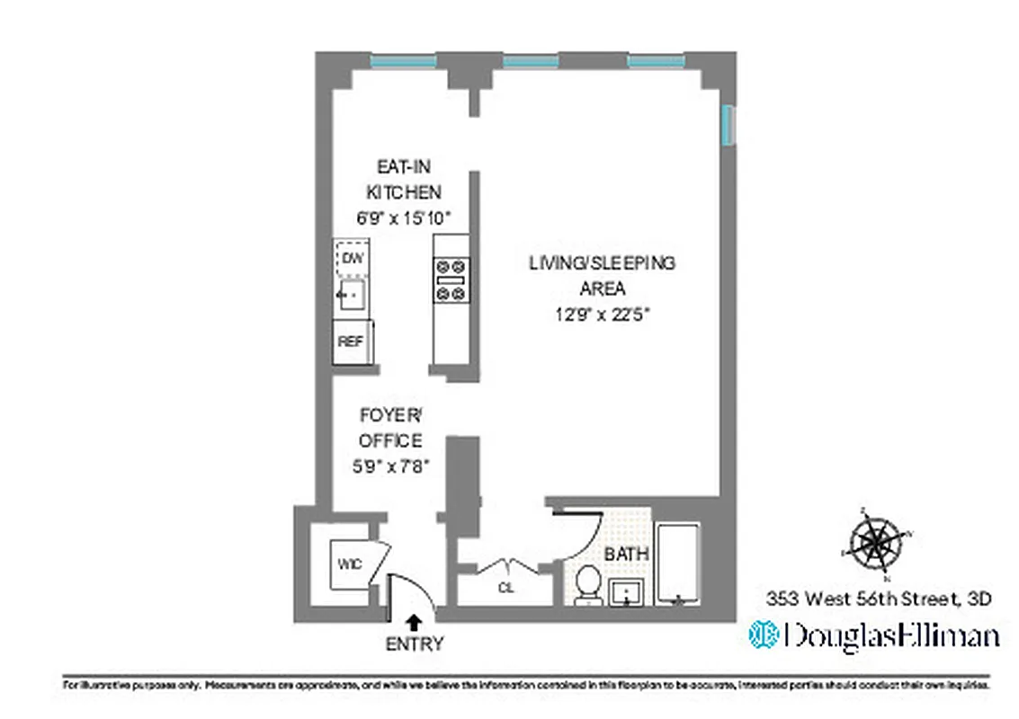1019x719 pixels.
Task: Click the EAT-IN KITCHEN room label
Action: click(x=407, y=179)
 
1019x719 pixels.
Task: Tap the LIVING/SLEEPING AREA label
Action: click(x=602, y=276)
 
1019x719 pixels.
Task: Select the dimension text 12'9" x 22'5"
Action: click(x=602, y=315)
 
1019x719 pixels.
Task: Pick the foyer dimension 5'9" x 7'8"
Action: click(x=390, y=466)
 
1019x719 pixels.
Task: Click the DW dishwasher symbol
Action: click(x=352, y=258)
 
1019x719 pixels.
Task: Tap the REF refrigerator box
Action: click(x=350, y=342)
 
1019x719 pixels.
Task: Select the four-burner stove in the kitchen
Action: click(x=451, y=280)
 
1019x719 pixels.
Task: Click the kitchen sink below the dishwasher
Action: click(x=351, y=294)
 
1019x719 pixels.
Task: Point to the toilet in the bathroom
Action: click(x=589, y=584)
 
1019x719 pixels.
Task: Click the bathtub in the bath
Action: click(x=681, y=564)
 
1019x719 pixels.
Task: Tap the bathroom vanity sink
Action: click(x=627, y=593)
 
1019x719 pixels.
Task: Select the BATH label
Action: click(x=626, y=555)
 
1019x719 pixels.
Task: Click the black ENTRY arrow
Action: click(x=415, y=620)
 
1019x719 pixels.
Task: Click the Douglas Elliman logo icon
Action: click(x=764, y=635)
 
